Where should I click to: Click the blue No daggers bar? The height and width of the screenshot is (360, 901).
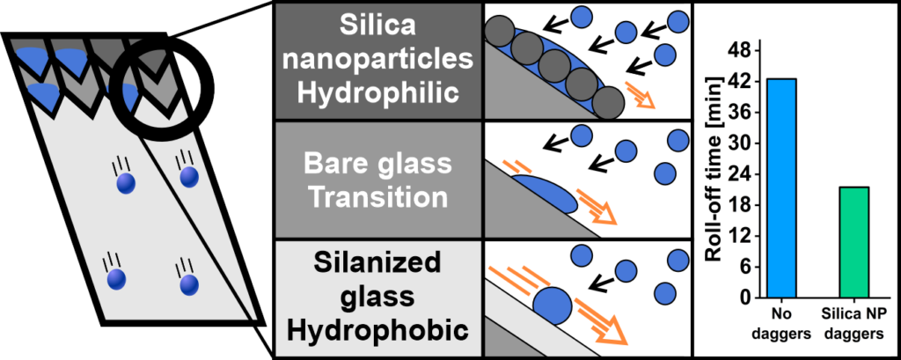click(781, 188)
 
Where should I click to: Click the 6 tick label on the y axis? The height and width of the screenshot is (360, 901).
click(744, 267)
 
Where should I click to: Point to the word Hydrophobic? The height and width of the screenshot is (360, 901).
click(379, 331)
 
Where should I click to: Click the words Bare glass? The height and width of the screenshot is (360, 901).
click(379, 164)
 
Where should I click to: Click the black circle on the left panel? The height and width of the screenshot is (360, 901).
click(162, 81)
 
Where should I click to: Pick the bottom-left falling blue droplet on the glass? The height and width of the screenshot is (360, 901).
click(115, 278)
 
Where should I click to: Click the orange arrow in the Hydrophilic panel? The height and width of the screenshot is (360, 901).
click(641, 95)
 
